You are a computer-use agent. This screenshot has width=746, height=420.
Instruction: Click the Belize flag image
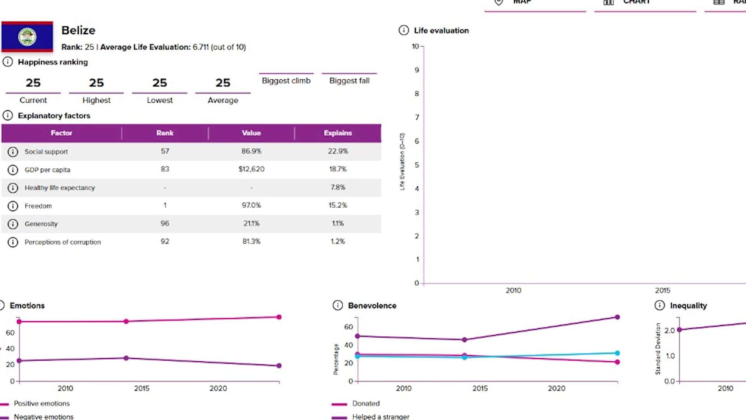click(27, 37)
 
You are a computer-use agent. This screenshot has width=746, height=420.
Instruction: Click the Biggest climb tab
click(286, 80)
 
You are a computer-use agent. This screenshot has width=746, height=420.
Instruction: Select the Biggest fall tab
click(349, 80)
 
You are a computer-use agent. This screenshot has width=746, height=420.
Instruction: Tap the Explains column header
click(338, 133)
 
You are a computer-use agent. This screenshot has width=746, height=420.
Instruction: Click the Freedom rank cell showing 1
click(165, 205)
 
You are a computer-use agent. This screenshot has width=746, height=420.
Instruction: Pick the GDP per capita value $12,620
click(251, 169)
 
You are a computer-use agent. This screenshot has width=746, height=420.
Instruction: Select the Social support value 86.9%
click(251, 151)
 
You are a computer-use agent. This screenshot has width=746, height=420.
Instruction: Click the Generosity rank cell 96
click(165, 223)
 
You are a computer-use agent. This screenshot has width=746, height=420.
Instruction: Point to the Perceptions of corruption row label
click(63, 242)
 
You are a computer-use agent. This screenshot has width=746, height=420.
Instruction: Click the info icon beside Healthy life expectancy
click(13, 188)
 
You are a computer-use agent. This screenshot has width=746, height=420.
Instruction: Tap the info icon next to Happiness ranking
click(8, 62)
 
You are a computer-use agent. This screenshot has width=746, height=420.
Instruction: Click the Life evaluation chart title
click(441, 30)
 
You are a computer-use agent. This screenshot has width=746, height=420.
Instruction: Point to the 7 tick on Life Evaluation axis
click(417, 117)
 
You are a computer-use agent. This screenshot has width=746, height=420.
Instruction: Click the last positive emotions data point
click(279, 317)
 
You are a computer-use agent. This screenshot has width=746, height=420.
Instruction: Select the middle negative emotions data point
click(126, 358)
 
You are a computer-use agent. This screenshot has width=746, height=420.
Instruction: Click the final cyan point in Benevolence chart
click(617, 353)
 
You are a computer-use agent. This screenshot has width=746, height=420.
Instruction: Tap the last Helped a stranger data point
click(617, 317)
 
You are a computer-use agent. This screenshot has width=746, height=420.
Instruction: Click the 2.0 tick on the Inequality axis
click(669, 331)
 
